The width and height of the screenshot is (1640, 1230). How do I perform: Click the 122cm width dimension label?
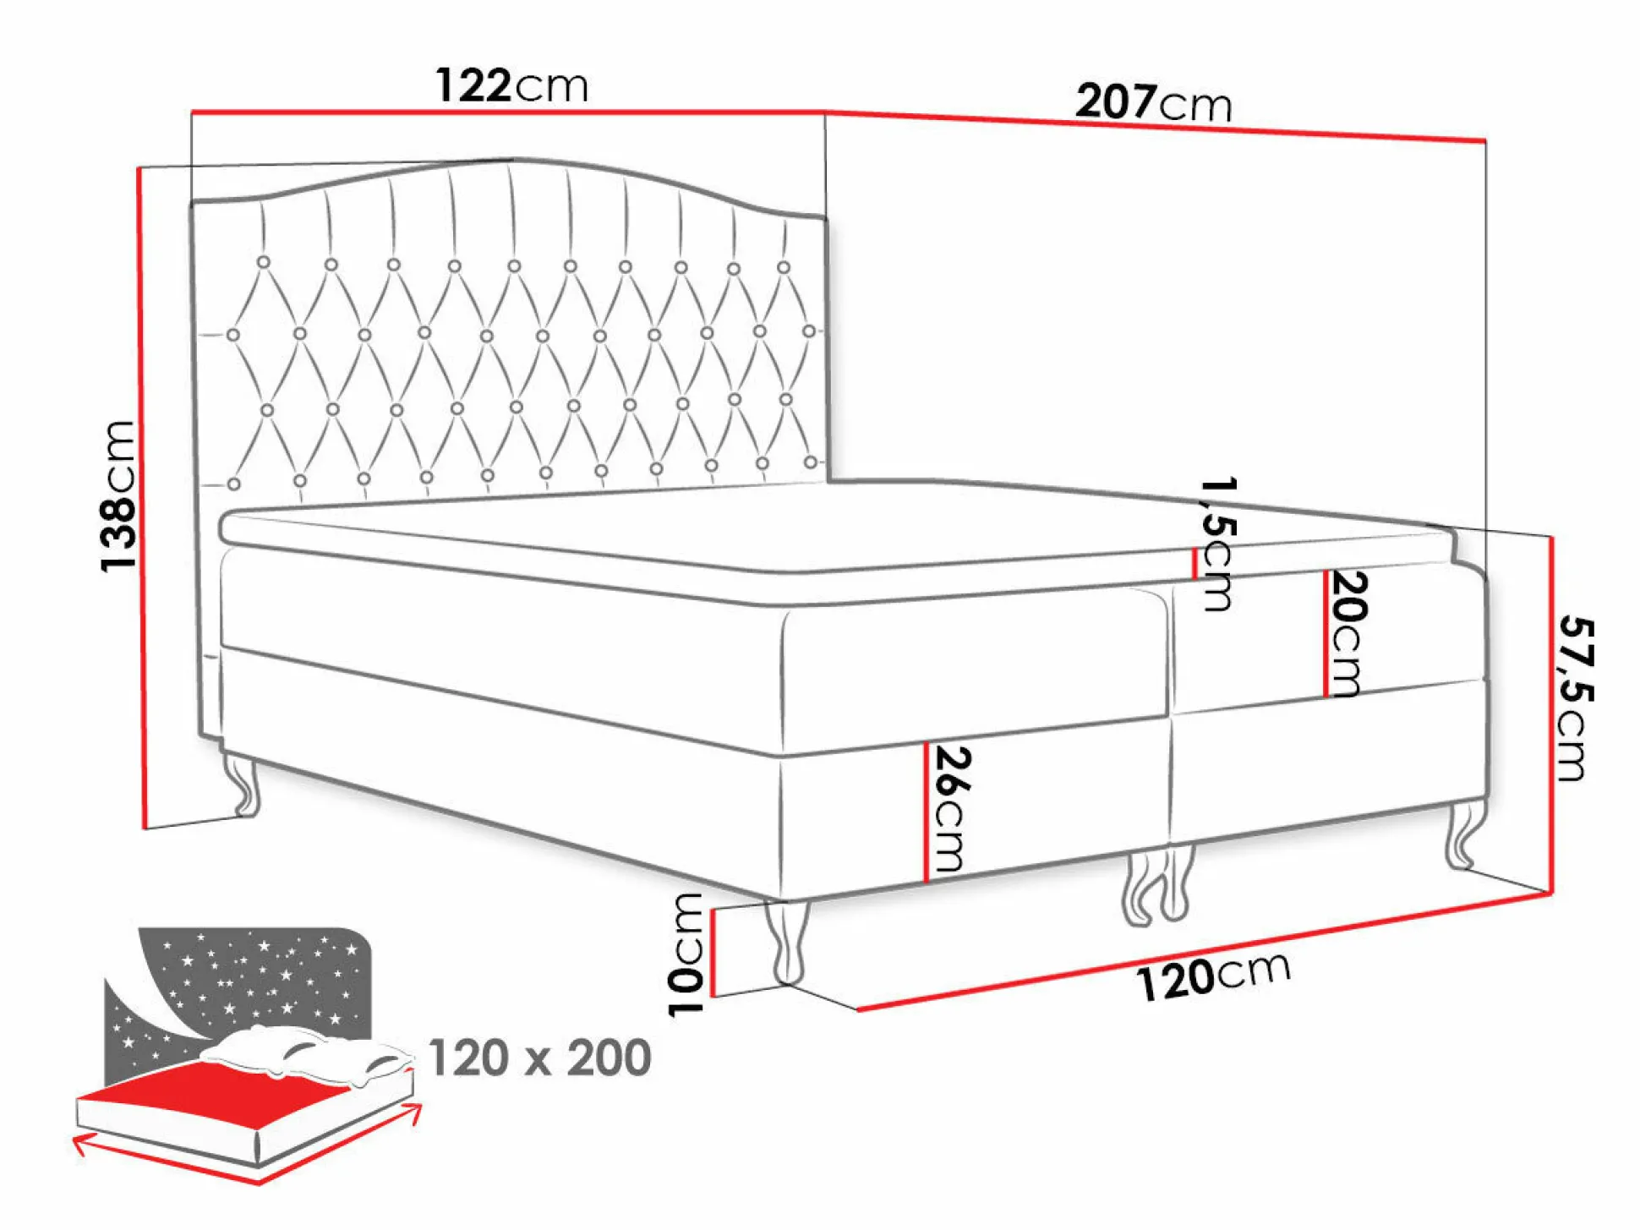(x=511, y=85)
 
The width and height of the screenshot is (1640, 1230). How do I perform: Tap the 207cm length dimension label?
(x=1154, y=102)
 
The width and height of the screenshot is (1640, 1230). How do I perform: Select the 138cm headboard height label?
(x=118, y=496)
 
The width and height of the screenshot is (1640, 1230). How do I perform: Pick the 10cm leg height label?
(x=686, y=954)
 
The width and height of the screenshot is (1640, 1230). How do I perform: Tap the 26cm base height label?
(x=950, y=809)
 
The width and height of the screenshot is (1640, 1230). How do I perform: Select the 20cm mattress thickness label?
(x=1348, y=632)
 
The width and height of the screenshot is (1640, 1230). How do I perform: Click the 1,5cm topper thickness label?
(x=1218, y=544)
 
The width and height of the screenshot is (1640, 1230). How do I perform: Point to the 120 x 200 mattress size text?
(x=540, y=1058)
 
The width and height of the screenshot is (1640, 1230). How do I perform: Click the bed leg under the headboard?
(x=244, y=784)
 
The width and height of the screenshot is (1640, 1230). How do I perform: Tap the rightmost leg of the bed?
(x=1465, y=834)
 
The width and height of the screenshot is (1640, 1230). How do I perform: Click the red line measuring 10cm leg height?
(x=713, y=953)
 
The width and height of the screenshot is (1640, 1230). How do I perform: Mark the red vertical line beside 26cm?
(x=927, y=812)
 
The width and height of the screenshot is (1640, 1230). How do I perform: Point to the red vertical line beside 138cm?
(x=141, y=497)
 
